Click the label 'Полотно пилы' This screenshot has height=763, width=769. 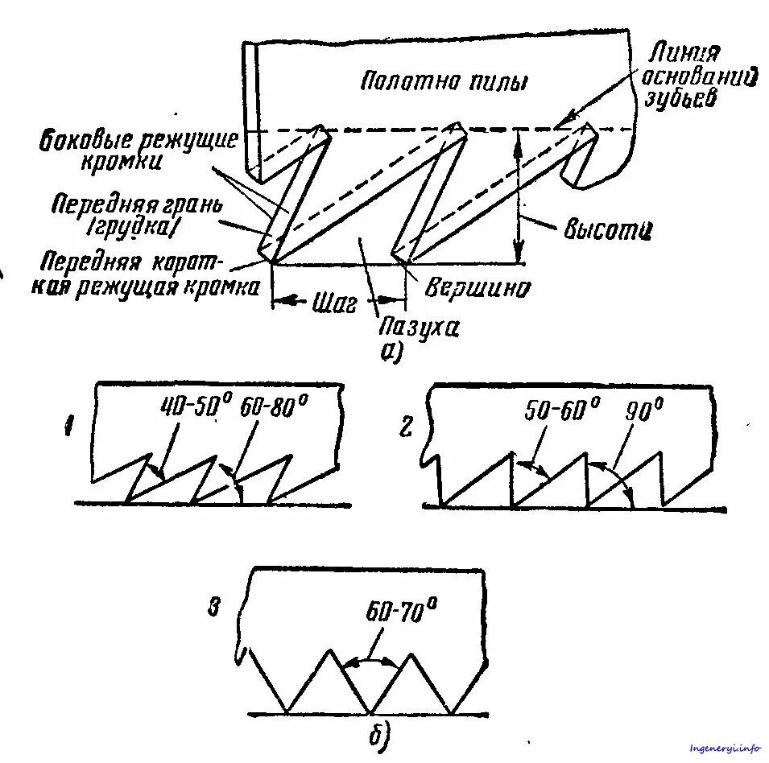click(444, 81)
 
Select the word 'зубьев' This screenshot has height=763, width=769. click(682, 101)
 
